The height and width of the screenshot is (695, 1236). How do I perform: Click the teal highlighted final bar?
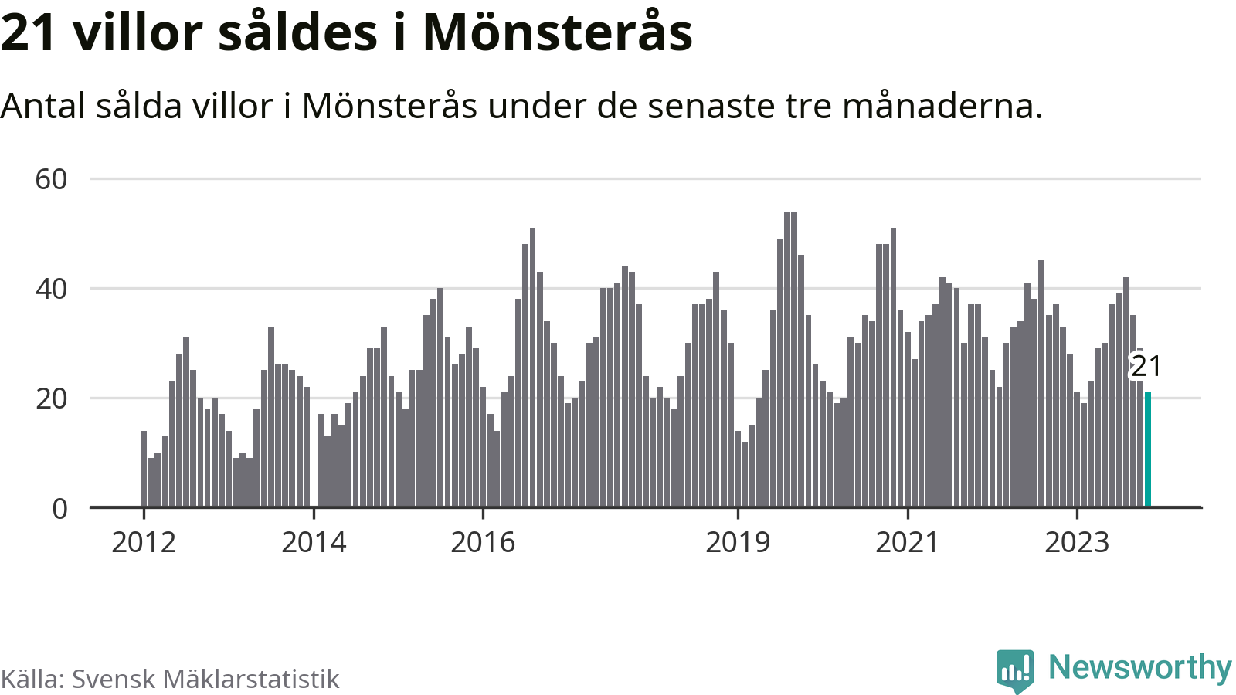pos(1148,449)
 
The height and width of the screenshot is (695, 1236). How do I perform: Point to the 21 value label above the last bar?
pos(1146,366)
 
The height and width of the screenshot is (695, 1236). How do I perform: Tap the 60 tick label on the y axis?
pos(51,179)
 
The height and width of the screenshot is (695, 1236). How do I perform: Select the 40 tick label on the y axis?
pos(51,289)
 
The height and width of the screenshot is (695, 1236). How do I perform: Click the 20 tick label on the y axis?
pos(51,398)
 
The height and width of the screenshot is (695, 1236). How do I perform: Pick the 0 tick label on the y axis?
pos(59,508)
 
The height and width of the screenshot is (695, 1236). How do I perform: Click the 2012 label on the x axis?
pos(144,543)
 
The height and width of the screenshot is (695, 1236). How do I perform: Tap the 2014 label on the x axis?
pos(314,543)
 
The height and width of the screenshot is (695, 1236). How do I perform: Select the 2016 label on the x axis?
pos(483,543)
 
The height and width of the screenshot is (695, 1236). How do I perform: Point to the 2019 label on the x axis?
pos(738,543)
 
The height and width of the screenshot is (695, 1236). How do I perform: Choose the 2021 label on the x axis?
pos(907,543)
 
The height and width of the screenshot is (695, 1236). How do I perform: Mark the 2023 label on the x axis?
pos(1077,543)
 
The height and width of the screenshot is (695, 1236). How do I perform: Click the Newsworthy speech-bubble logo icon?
pos(1014,670)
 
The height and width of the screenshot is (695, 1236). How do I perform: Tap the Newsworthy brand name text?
pos(1139,667)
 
